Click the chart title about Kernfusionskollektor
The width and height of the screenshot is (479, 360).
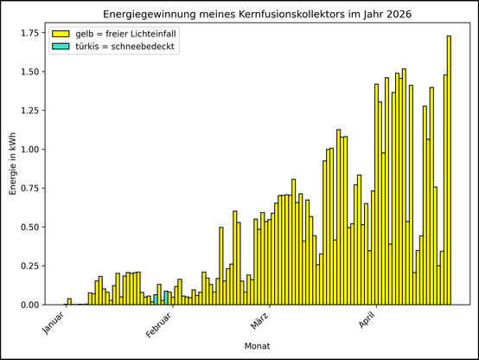click(x=256, y=15)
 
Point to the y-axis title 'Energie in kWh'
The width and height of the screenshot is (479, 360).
click(x=13, y=164)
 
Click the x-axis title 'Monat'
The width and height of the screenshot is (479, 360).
click(x=256, y=346)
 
